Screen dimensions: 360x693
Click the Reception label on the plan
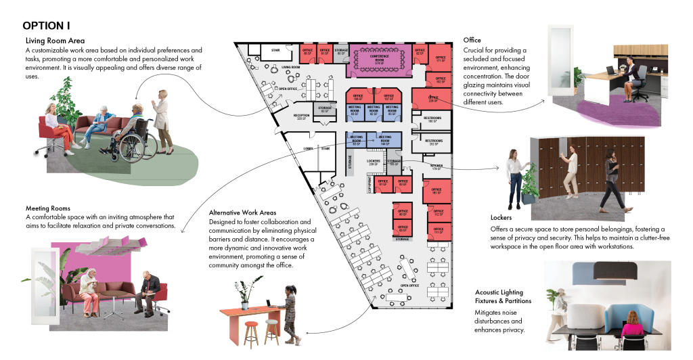(x=301, y=116)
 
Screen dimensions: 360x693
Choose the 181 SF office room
(x=437, y=191)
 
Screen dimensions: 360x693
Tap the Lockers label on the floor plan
(x=372, y=162)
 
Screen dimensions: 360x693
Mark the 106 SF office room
(x=359, y=97)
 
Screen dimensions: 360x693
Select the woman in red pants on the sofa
(x=55, y=125)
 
